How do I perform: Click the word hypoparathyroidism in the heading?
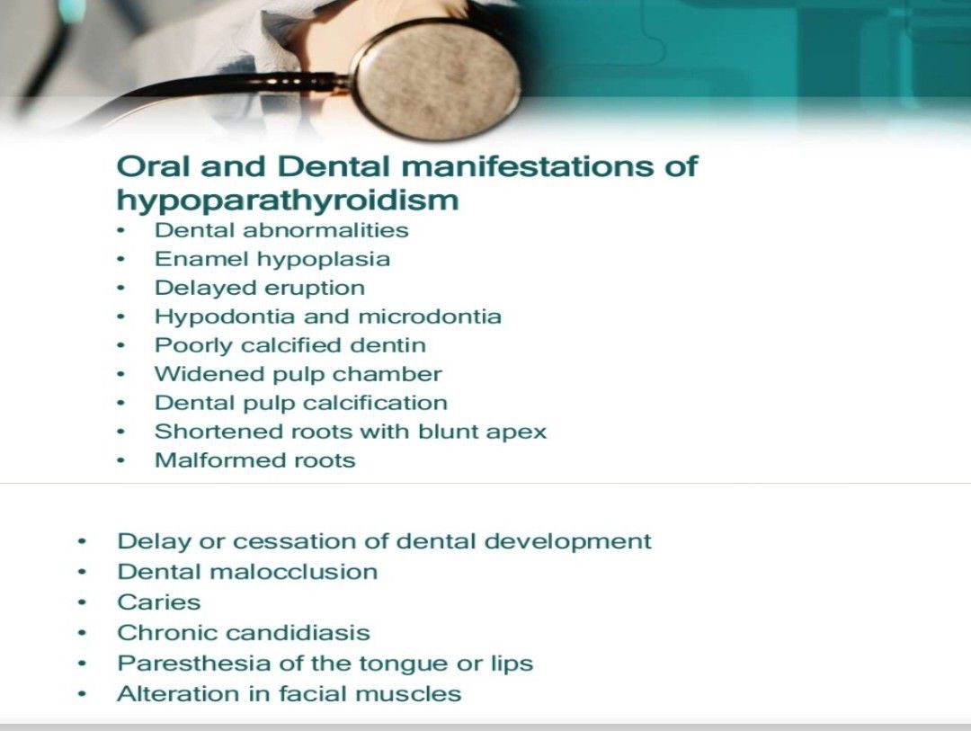point(288,201)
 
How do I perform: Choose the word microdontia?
point(430,316)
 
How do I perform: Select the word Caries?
point(159,602)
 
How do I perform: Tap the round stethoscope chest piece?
point(437,79)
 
